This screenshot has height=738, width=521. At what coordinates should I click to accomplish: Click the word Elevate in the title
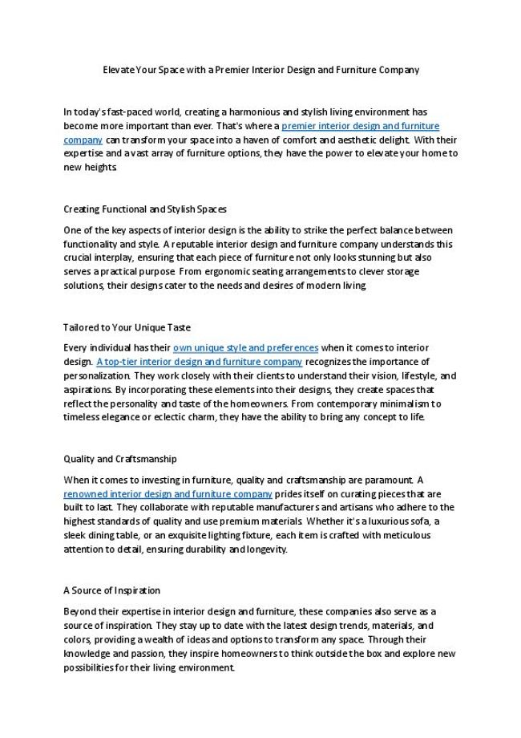pyautogui.click(x=117, y=70)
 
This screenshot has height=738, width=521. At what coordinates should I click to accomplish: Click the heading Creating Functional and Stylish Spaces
pyautogui.click(x=145, y=209)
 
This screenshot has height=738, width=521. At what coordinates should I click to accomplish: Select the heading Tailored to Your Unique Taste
pyautogui.click(x=127, y=327)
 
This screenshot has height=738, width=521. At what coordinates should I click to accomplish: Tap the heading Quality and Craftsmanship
pyautogui.click(x=120, y=459)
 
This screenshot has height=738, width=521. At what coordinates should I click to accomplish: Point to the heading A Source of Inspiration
pyautogui.click(x=111, y=590)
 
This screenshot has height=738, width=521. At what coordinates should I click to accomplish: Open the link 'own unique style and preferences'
pyautogui.click(x=245, y=347)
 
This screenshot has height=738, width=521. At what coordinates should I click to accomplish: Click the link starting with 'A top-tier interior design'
pyautogui.click(x=199, y=362)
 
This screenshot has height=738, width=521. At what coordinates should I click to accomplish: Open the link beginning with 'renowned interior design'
pyautogui.click(x=168, y=493)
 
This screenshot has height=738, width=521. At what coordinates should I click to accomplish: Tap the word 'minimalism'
pyautogui.click(x=402, y=403)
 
